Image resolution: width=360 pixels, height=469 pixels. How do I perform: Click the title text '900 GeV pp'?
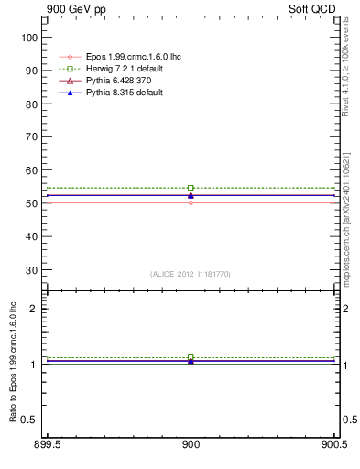73,8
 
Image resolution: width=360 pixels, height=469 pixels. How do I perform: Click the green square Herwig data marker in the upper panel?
191,188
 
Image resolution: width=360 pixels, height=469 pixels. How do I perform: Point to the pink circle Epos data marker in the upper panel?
191,202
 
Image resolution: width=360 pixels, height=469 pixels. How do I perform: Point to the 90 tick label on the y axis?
31,71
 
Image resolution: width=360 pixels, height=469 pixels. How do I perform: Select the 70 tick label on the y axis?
31,137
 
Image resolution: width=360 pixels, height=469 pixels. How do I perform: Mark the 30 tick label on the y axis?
31,270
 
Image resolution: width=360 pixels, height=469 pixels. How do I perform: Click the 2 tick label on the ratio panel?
34,309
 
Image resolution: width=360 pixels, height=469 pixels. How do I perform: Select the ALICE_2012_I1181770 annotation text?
191,273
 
